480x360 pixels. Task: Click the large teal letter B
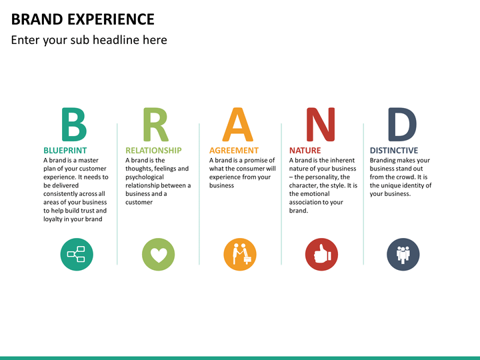click(73, 125)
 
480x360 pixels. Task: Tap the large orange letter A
click(238, 125)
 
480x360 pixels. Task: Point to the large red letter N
click(320, 125)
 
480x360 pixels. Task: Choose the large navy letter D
click(402, 125)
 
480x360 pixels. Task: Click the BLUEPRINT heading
click(65, 151)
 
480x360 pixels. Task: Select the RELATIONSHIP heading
click(153, 151)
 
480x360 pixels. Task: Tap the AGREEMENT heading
click(233, 151)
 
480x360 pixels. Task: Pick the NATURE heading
click(305, 151)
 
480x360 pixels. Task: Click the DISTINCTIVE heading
click(394, 151)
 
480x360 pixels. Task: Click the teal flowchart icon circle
click(77, 254)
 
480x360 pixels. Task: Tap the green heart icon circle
click(158, 254)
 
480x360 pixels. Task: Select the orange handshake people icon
click(240, 254)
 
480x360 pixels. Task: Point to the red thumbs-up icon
click(322, 254)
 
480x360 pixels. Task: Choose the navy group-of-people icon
click(403, 254)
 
